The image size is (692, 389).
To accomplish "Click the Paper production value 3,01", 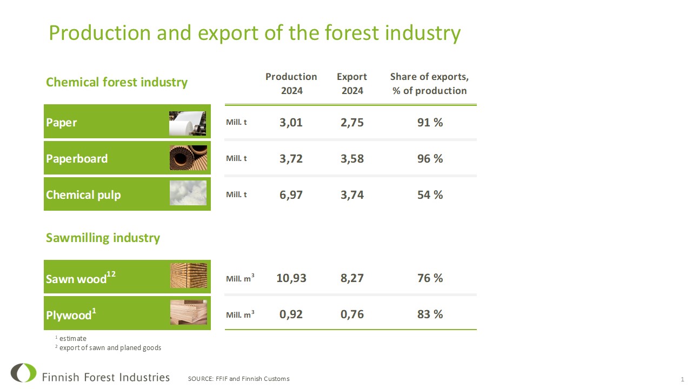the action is [x=291, y=123].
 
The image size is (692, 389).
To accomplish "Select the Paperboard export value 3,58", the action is [x=352, y=159].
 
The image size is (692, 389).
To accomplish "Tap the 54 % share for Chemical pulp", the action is [x=430, y=195].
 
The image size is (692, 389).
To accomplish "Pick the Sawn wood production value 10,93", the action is [x=291, y=278].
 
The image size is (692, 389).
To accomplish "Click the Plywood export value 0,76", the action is [x=352, y=314].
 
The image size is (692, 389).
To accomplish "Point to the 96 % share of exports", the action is [x=430, y=159].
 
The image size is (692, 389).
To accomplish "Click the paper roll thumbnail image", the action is [x=187, y=123].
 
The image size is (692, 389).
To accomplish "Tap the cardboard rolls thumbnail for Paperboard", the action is [x=188, y=158].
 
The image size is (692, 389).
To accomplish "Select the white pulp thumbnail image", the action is [x=188, y=193].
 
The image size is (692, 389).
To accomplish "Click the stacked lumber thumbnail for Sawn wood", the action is [x=189, y=276].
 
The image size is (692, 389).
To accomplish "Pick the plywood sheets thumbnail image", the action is [x=189, y=312].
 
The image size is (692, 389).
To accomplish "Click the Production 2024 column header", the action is [x=291, y=84].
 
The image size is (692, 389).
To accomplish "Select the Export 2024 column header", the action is [x=352, y=84].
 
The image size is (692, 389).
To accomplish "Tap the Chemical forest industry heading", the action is [x=117, y=83].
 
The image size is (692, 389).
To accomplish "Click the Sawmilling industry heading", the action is [x=103, y=238].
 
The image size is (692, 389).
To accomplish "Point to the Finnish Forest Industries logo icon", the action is [x=23, y=373].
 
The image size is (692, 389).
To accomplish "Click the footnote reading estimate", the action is [x=71, y=338].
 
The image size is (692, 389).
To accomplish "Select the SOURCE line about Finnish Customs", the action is [x=239, y=379].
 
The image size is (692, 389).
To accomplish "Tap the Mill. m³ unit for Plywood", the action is [x=240, y=314].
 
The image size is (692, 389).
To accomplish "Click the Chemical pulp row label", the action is [x=83, y=195].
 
